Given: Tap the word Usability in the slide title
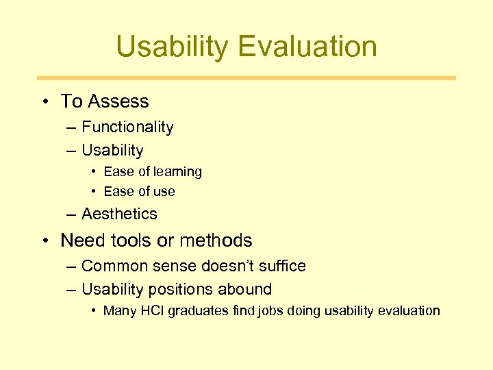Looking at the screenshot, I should (173, 47).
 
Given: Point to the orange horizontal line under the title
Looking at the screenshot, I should (246, 78).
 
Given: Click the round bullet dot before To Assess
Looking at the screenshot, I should (44, 101).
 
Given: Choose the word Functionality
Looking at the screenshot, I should (127, 127).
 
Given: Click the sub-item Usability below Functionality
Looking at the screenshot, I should (112, 150).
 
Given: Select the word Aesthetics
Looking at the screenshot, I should (119, 214).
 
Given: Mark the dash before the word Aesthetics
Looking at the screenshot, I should (71, 214).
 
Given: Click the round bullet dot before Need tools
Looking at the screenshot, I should (44, 241).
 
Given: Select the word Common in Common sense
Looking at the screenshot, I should (110, 266).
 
